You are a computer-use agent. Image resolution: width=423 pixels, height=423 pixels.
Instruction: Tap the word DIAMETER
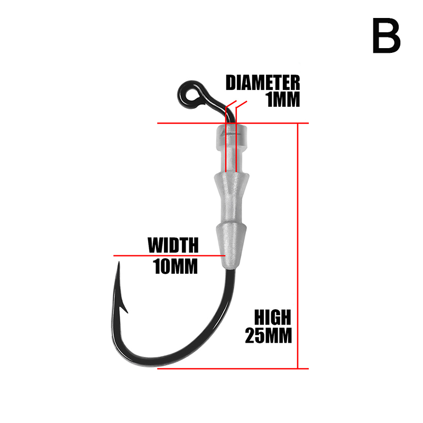263,83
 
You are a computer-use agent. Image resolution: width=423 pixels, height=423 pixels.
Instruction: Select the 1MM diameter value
283,100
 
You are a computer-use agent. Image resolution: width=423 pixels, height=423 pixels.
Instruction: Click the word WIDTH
173,245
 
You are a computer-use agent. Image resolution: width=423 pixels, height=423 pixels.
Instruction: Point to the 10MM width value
175,266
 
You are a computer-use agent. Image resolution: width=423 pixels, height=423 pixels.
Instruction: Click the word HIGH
272,317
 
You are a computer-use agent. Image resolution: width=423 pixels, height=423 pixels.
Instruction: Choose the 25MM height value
268,336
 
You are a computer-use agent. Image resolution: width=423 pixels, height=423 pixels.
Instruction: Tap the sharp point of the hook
119,264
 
